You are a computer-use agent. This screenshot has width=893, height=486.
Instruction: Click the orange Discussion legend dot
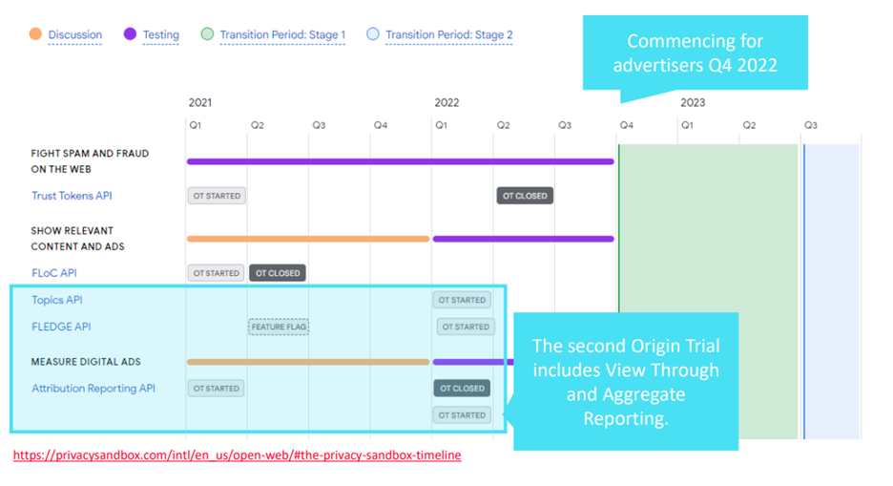(x=35, y=34)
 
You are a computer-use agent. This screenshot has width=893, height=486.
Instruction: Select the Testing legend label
(x=160, y=34)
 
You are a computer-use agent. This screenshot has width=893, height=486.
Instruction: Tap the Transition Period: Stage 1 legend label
(x=282, y=34)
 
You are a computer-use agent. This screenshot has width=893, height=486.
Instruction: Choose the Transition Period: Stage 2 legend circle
(x=372, y=34)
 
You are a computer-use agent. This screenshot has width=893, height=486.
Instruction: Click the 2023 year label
(x=693, y=102)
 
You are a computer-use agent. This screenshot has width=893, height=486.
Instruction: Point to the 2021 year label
(x=200, y=102)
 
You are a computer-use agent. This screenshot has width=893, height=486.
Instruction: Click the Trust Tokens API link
(x=72, y=196)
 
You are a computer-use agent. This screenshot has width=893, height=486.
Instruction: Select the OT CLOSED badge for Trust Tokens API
(x=525, y=196)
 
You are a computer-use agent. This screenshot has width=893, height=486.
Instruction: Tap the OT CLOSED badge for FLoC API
(x=278, y=273)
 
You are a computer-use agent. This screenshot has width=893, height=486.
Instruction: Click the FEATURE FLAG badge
(x=279, y=327)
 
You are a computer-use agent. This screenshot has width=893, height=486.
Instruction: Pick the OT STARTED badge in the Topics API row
(x=462, y=300)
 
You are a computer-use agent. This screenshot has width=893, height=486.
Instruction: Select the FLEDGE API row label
(x=61, y=327)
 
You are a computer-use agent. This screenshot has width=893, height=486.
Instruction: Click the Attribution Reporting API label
(x=93, y=388)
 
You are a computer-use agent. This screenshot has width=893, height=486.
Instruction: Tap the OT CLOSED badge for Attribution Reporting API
(x=462, y=388)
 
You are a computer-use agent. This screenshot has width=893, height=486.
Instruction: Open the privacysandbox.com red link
(x=237, y=454)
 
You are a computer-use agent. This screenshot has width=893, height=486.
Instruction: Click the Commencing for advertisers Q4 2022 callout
(x=695, y=53)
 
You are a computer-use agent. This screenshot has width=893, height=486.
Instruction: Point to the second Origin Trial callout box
(x=625, y=381)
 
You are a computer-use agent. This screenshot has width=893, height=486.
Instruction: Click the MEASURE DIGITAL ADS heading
(x=86, y=362)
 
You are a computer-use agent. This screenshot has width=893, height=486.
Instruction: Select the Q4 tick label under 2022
(x=626, y=125)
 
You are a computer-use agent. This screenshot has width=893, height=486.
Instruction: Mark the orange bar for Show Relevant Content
(x=308, y=239)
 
